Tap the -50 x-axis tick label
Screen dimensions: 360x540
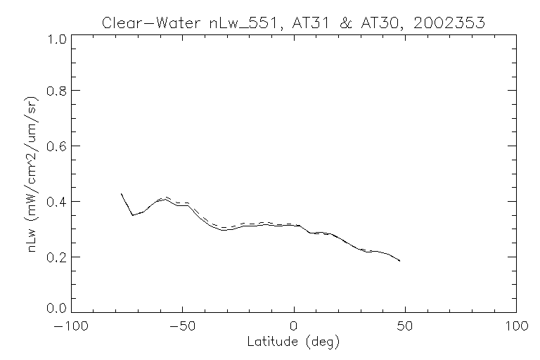point(183,326)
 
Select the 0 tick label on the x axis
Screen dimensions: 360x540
point(294,326)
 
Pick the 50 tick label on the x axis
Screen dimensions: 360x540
point(405,326)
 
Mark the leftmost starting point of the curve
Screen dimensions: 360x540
point(122,193)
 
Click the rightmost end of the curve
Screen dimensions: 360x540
point(400,261)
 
